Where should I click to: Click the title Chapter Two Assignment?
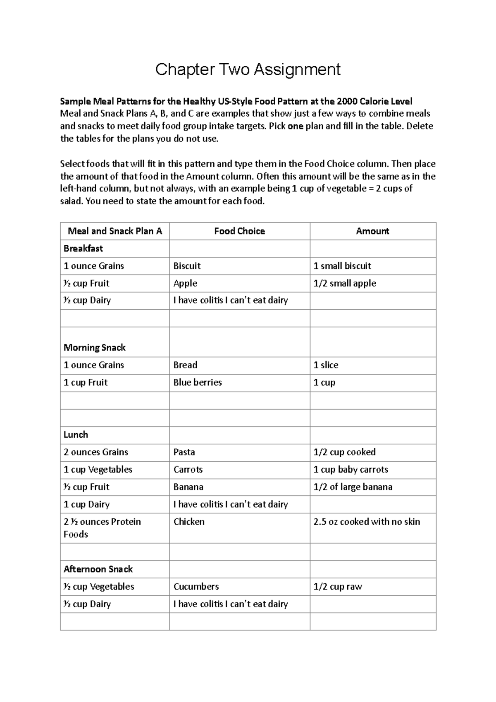pyautogui.click(x=248, y=69)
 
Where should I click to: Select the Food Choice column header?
pyautogui.click(x=239, y=231)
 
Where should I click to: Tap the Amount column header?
pyautogui.click(x=372, y=231)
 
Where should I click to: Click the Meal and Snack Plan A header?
pyautogui.click(x=114, y=231)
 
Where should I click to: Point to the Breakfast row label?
pyautogui.click(x=83, y=248)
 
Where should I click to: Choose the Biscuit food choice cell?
pyautogui.click(x=187, y=266)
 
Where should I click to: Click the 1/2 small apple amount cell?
pyautogui.click(x=345, y=283)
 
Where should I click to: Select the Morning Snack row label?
pyautogui.click(x=94, y=347)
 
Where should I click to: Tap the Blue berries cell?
pyautogui.click(x=198, y=382)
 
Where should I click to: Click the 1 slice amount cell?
pyautogui.click(x=326, y=365)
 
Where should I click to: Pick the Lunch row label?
pyautogui.click(x=76, y=435)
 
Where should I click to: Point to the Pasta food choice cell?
pyautogui.click(x=184, y=452)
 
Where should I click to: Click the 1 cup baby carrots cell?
pyautogui.click(x=351, y=469)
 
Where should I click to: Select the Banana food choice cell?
pyautogui.click(x=188, y=487)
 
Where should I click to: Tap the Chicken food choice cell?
pyautogui.click(x=189, y=521)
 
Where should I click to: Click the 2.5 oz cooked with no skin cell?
pyautogui.click(x=366, y=521)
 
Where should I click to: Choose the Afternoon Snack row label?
pyautogui.click(x=98, y=569)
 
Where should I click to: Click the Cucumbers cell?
pyautogui.click(x=196, y=586)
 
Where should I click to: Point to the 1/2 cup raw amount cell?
pyautogui.click(x=337, y=586)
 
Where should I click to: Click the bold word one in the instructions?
pyautogui.click(x=296, y=126)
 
